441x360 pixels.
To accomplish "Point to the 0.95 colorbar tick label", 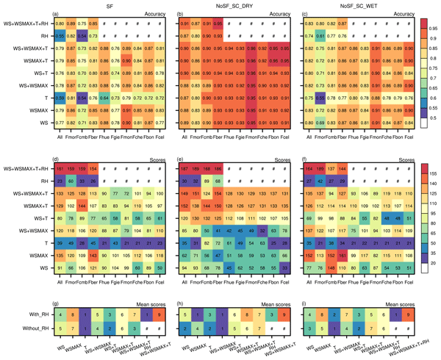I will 429,32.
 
